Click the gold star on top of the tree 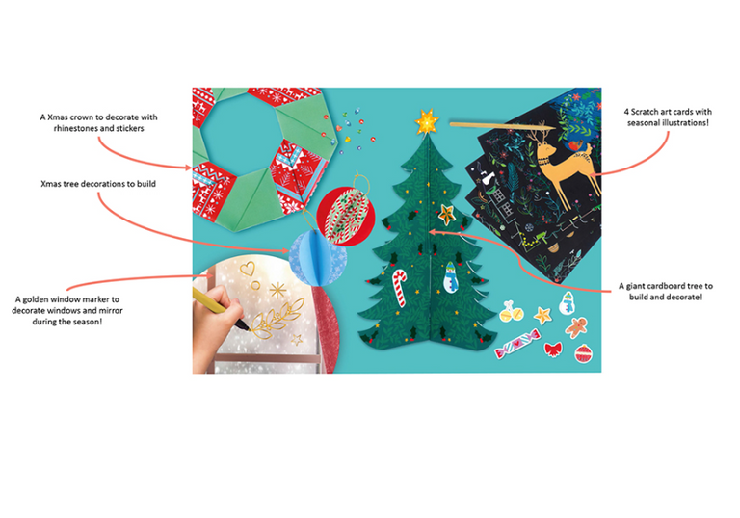[x=427, y=121]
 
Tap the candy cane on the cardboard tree [x=399, y=287]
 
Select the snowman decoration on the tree [x=450, y=277]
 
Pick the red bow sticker [x=553, y=350]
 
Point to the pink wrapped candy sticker [x=516, y=343]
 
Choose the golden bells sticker [x=511, y=312]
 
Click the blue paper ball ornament [x=317, y=257]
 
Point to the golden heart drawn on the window [x=248, y=269]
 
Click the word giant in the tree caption [x=636, y=286]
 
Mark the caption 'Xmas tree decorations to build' [x=98, y=184]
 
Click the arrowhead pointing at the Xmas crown [x=188, y=167]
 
